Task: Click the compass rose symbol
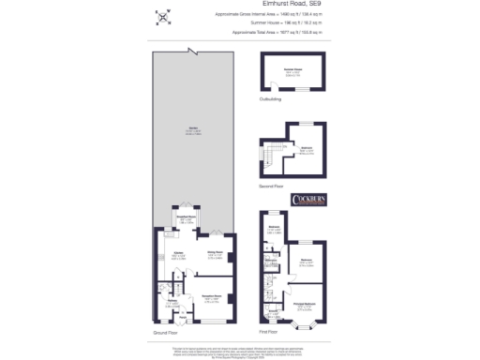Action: [x=164, y=16]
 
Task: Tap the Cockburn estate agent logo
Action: [x=308, y=200]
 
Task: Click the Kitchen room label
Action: [x=177, y=253]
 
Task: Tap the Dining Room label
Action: [x=214, y=251]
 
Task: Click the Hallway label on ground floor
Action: [x=172, y=301]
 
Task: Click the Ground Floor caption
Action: [x=165, y=332]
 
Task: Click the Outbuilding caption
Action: [x=272, y=97]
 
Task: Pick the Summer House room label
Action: [x=293, y=70]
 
